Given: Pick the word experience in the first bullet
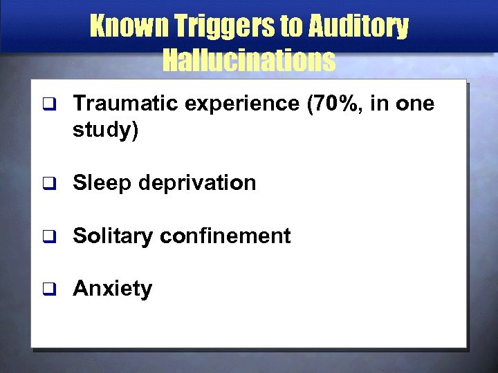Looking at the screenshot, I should [x=228, y=104].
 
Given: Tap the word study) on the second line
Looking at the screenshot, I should [x=106, y=130].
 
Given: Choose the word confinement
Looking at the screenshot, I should [x=225, y=236].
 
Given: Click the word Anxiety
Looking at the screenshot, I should [x=112, y=289].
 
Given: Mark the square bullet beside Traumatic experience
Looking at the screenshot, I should [x=47, y=105].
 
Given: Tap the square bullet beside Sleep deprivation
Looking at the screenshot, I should [x=47, y=184].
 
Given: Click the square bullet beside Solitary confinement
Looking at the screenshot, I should [x=47, y=237].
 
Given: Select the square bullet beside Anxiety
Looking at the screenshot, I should [x=47, y=289].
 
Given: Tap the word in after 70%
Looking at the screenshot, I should [x=378, y=104].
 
